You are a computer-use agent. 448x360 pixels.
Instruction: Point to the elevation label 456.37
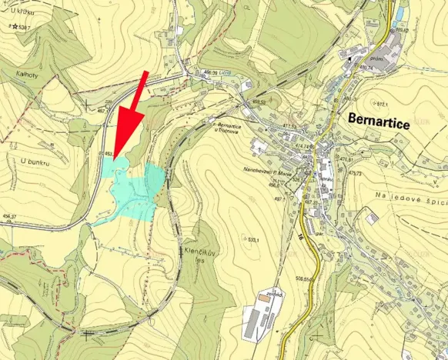pos(9,217)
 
